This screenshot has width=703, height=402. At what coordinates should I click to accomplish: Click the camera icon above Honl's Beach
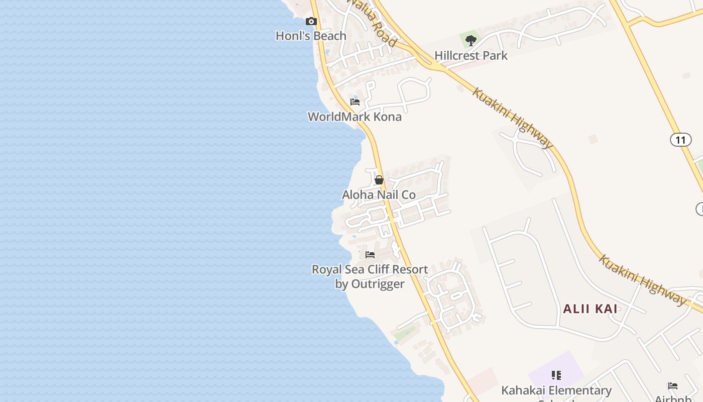pyautogui.click(x=311, y=21)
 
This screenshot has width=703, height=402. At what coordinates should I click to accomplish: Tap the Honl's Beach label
pyautogui.click(x=311, y=36)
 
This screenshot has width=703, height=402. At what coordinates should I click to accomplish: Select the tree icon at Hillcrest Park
pyautogui.click(x=471, y=40)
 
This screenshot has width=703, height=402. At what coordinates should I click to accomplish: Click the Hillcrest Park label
pyautogui.click(x=471, y=55)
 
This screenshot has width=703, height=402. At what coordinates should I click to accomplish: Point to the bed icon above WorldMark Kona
pyautogui.click(x=355, y=102)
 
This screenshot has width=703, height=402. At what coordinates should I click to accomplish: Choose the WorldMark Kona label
pyautogui.click(x=355, y=117)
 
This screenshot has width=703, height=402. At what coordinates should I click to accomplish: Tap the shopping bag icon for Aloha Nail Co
pyautogui.click(x=379, y=180)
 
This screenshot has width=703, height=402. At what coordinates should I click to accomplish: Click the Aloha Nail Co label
pyautogui.click(x=379, y=194)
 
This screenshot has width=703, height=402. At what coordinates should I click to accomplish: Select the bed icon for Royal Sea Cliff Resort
pyautogui.click(x=370, y=255)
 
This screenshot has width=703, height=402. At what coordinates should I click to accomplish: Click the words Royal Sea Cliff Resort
pyautogui.click(x=370, y=269)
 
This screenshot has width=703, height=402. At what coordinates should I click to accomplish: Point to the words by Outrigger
pyautogui.click(x=370, y=284)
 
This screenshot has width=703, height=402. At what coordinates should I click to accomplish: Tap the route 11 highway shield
pyautogui.click(x=680, y=139)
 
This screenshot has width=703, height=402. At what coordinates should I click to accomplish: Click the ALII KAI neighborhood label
pyautogui.click(x=590, y=309)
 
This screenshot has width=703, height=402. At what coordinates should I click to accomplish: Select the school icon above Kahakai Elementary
pyautogui.click(x=556, y=375)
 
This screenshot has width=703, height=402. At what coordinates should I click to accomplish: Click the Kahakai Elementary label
pyautogui.click(x=556, y=390)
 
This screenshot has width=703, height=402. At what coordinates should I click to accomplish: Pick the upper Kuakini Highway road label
pyautogui.click(x=513, y=119)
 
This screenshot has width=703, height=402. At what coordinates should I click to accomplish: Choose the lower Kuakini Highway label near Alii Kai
pyautogui.click(x=642, y=280)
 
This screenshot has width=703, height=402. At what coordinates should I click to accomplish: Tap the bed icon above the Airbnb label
pyautogui.click(x=673, y=386)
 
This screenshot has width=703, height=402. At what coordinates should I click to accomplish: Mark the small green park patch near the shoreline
pyautogui.click(x=405, y=332)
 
